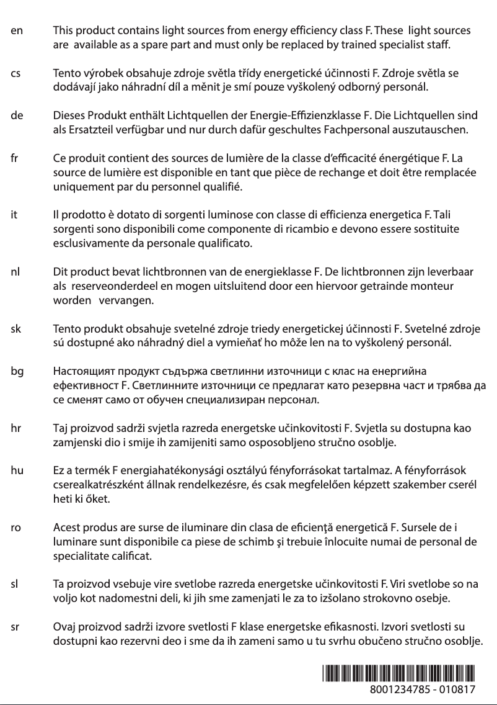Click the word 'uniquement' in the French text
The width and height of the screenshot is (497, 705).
coord(79,187)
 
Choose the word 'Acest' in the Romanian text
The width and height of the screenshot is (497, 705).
coord(66,528)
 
